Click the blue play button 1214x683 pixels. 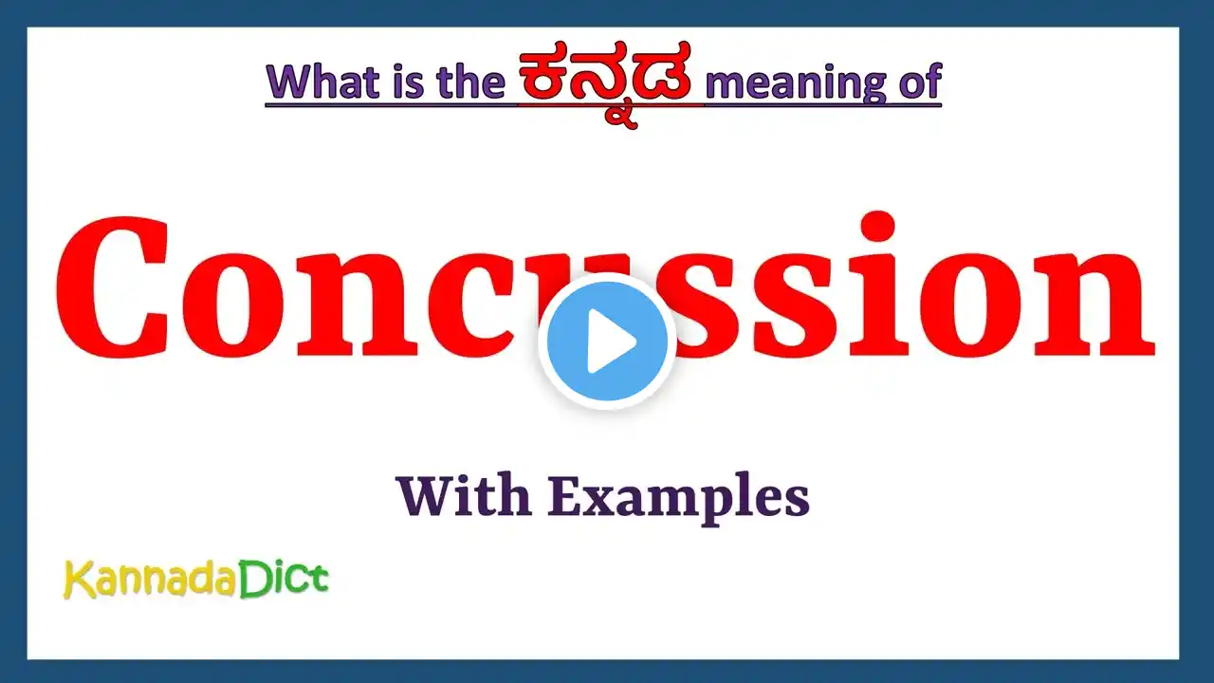607,341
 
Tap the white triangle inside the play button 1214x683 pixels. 612,341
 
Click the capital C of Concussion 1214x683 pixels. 112,287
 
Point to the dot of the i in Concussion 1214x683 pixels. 876,226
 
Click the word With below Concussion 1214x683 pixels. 464,495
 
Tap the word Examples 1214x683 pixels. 678,499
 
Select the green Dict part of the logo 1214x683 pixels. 283,579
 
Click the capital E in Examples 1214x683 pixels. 566,496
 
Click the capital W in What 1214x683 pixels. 293,83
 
